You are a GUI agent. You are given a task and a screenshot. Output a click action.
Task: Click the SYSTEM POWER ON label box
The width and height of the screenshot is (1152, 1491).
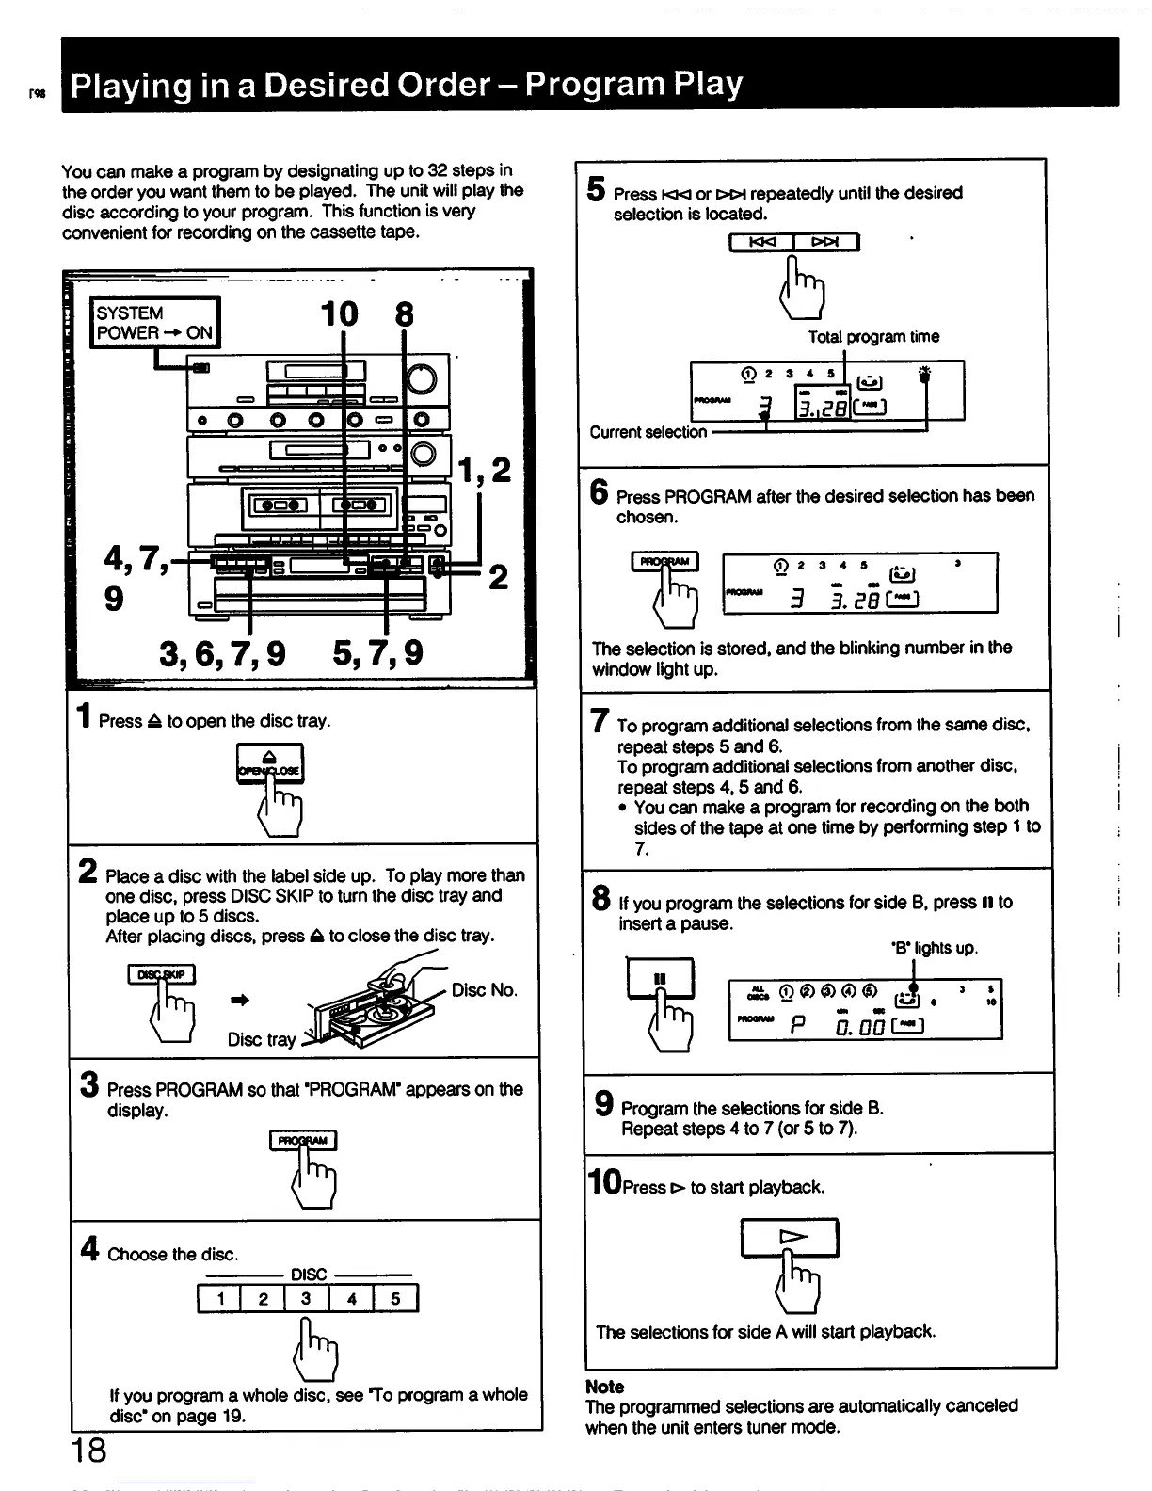coord(154,323)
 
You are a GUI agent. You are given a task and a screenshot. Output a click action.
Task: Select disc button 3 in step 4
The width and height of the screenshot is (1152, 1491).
coord(307,1299)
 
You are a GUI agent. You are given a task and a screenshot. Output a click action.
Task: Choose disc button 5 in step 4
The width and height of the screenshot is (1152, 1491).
coord(395,1299)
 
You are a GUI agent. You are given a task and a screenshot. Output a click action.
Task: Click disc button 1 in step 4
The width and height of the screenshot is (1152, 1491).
coord(219,1299)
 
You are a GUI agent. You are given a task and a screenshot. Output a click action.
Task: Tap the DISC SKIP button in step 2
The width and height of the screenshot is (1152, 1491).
coord(161,974)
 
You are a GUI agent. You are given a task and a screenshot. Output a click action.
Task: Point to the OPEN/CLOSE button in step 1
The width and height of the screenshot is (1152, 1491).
coord(269,762)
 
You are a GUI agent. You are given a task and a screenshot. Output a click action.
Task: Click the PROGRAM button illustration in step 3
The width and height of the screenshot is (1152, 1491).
coord(302,1140)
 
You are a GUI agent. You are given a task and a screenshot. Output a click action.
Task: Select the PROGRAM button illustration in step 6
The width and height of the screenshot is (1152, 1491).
coord(664,562)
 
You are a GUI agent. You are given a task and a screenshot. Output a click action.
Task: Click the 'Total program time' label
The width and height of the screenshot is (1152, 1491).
coord(872,337)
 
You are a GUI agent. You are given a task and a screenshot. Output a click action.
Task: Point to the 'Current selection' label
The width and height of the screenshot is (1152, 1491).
coord(648,432)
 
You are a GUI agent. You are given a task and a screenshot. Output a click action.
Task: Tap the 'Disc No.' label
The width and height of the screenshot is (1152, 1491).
coord(484,990)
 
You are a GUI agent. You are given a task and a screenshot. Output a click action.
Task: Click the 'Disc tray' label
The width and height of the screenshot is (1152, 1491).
coord(261,1039)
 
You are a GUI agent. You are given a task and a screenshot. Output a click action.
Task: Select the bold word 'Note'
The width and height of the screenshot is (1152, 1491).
coord(604,1387)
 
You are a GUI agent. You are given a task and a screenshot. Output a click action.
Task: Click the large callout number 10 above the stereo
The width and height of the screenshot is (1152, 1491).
coord(339,313)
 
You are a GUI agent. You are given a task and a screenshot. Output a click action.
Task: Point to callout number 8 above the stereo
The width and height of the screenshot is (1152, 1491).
coord(404,313)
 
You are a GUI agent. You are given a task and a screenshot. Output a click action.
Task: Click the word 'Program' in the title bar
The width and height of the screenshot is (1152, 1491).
coord(592,86)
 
